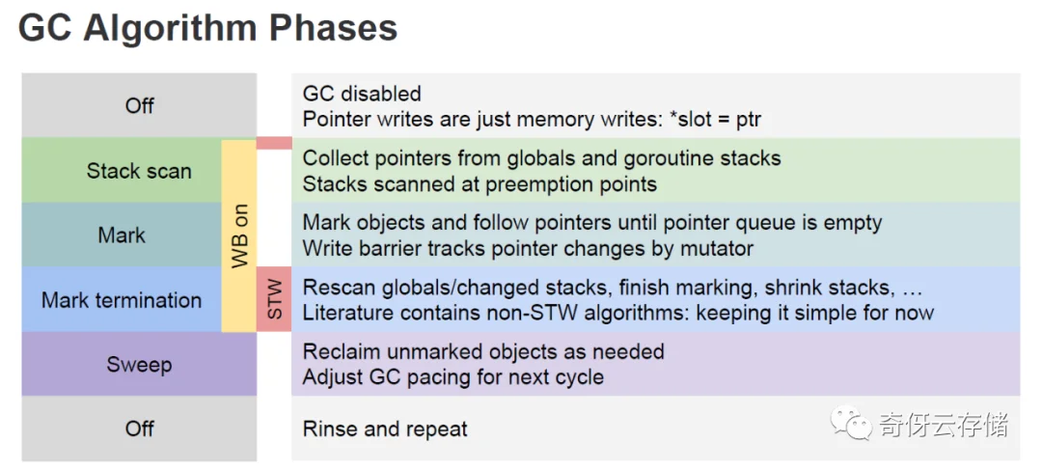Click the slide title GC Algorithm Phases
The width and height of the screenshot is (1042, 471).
207,30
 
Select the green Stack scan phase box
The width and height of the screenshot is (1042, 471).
122,171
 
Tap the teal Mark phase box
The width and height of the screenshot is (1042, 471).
122,235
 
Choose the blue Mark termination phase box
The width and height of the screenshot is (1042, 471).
122,299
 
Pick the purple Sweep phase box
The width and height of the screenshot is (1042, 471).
139,364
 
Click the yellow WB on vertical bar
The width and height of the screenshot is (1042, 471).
239,235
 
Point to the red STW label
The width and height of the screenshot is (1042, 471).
274,299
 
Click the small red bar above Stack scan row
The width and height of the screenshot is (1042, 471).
274,143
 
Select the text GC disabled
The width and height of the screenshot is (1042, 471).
362,93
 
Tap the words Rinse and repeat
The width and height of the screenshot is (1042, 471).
385,429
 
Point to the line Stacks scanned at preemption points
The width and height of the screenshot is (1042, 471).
480,184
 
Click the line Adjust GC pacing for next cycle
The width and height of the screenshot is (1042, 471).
453,377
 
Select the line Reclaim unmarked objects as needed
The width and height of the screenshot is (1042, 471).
483,351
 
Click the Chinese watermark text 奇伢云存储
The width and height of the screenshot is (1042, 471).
943,423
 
